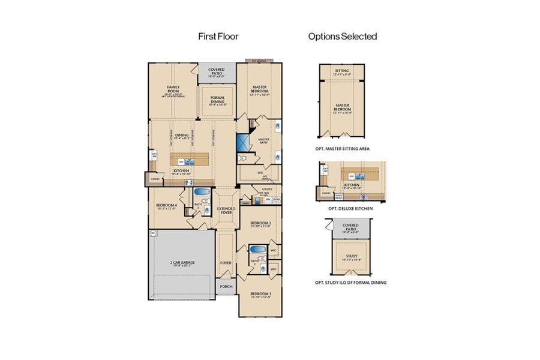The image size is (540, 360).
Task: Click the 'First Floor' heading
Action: [218, 37]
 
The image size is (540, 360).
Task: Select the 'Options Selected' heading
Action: [343, 37]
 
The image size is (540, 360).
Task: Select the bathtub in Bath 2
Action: [257, 250]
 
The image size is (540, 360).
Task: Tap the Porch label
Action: [226, 287]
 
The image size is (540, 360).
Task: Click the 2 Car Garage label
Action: [182, 263]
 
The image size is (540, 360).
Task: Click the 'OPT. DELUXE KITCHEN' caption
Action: [350, 208]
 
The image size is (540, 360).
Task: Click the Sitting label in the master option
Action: [342, 71]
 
